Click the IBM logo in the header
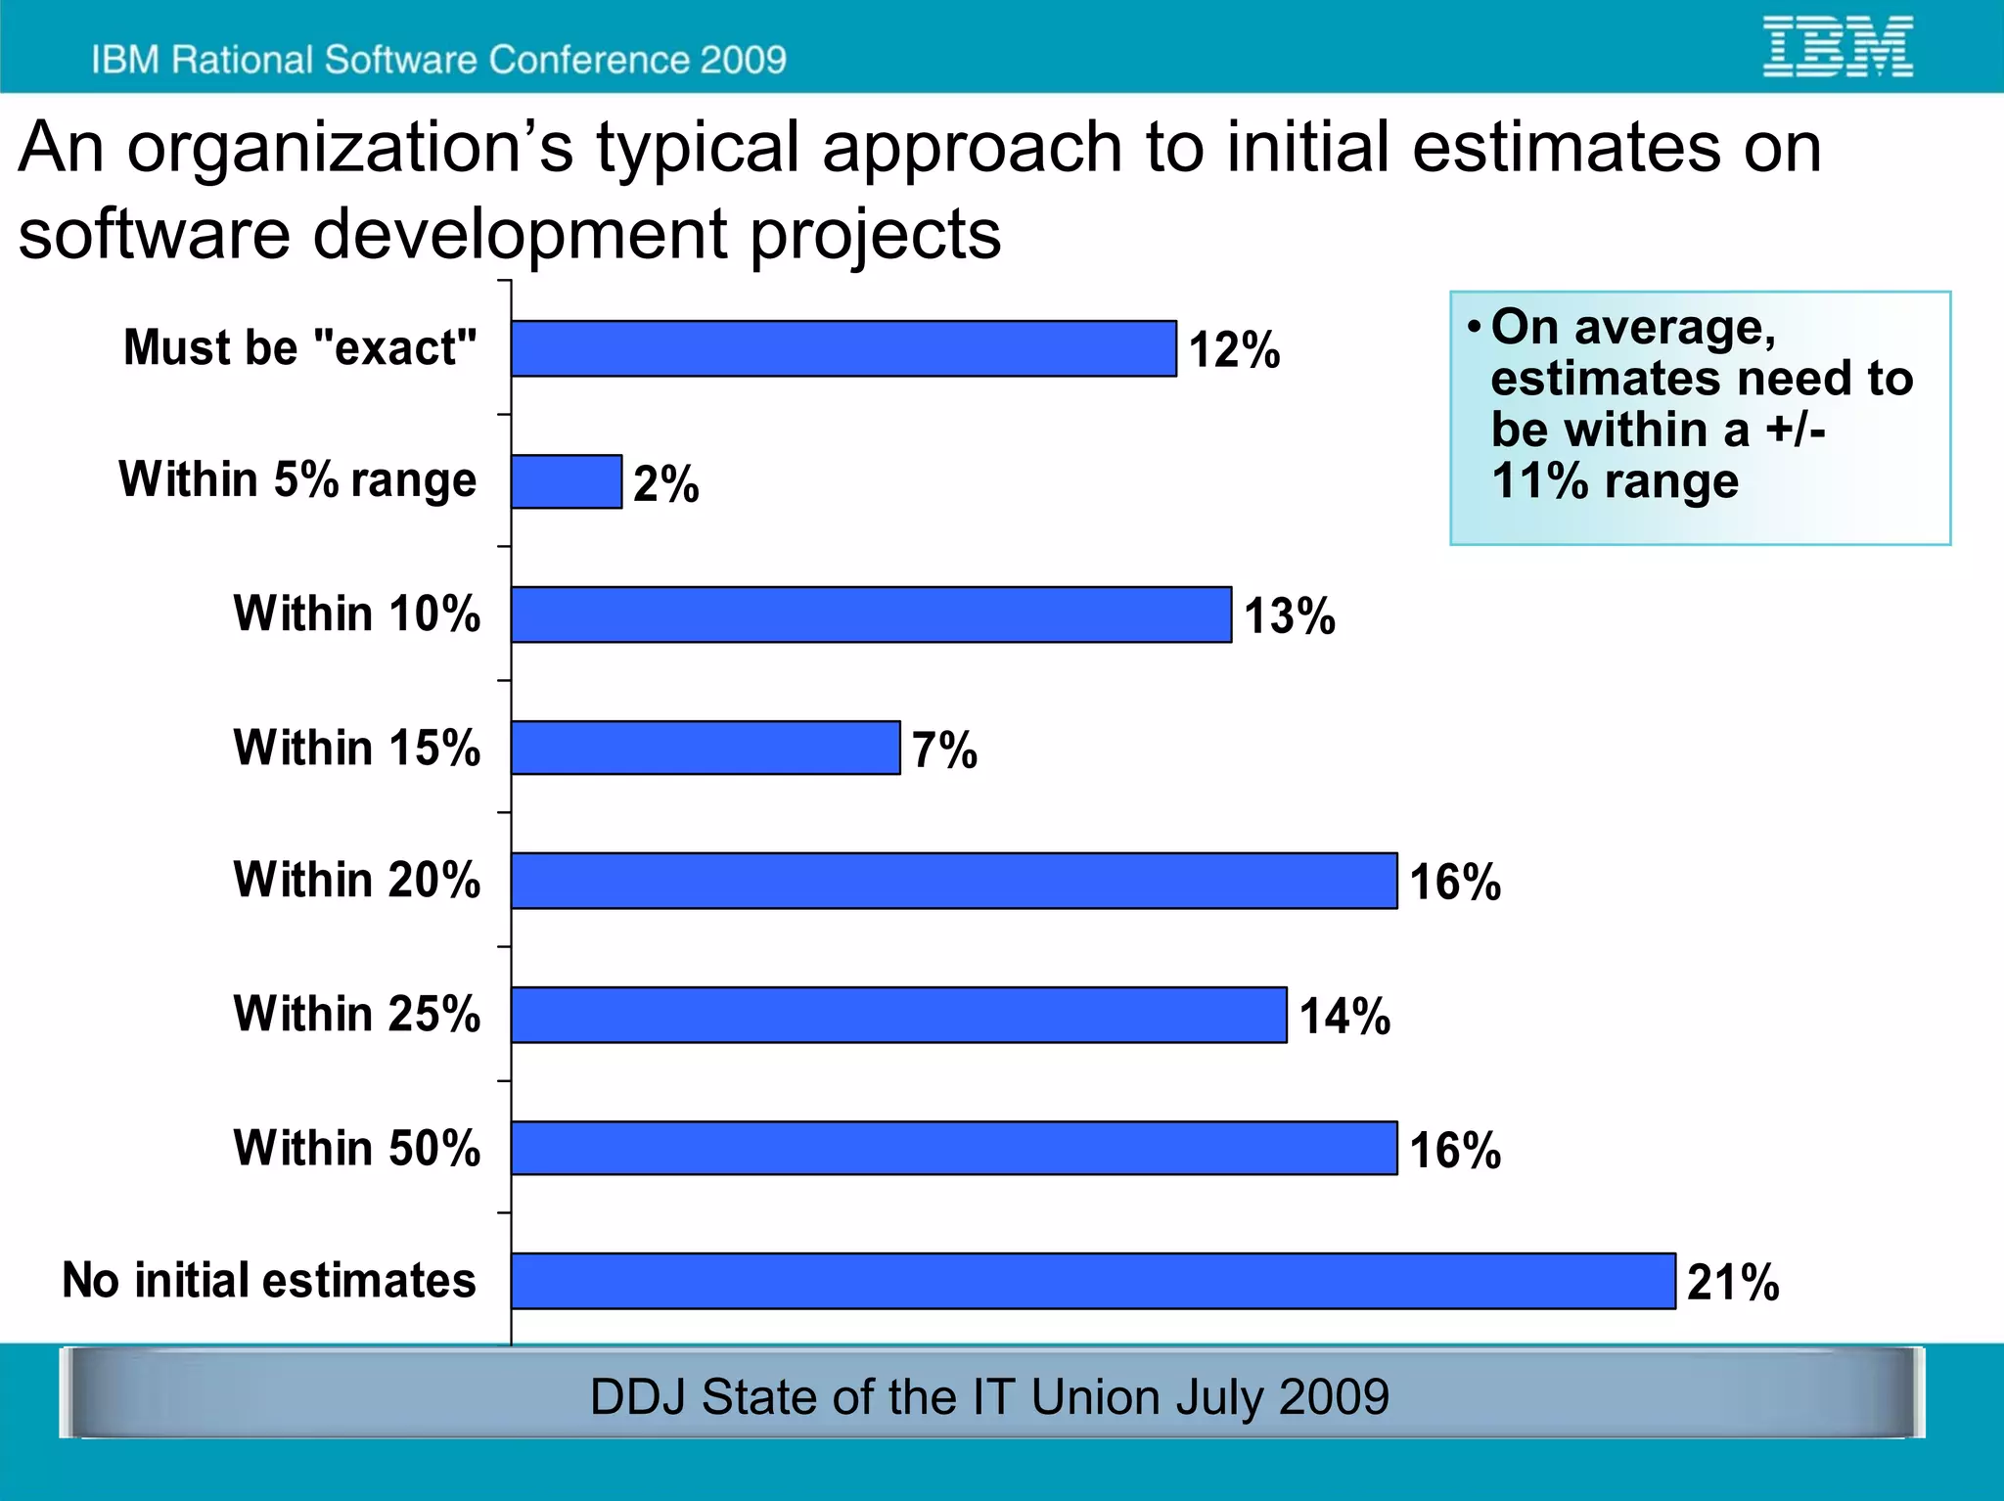click(x=1838, y=46)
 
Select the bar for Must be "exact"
click(x=843, y=348)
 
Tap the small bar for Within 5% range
click(x=566, y=481)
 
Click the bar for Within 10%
click(x=870, y=614)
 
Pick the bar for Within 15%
click(x=705, y=748)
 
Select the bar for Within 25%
click(x=897, y=1015)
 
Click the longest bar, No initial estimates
click(x=1092, y=1281)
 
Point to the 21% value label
click(x=1733, y=1282)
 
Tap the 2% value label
click(x=665, y=483)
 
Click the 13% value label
click(x=1289, y=616)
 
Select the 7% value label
click(x=944, y=750)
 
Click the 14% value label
click(x=1344, y=1016)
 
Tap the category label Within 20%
click(x=357, y=880)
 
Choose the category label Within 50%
click(x=357, y=1148)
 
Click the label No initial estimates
click(x=269, y=1280)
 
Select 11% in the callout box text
click(x=1539, y=480)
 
